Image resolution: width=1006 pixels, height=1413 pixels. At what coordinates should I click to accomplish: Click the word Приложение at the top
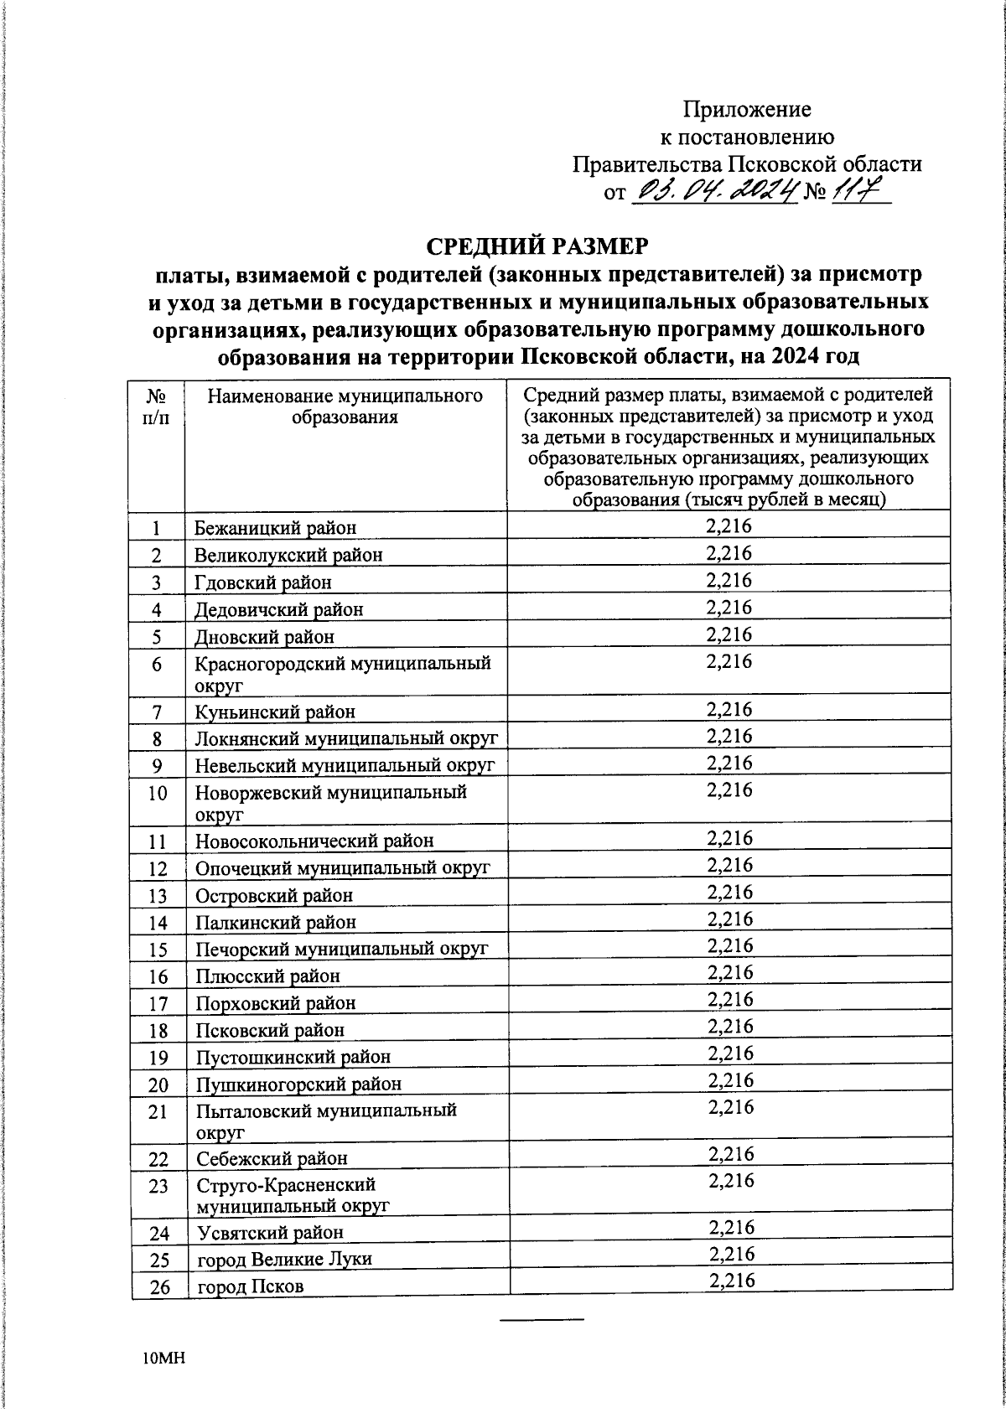[x=747, y=110]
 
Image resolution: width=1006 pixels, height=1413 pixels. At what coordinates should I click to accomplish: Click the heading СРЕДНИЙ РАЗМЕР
[x=538, y=246]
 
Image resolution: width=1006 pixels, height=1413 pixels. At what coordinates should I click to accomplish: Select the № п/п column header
[x=156, y=406]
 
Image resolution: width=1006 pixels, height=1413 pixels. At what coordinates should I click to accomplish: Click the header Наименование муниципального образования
[x=345, y=406]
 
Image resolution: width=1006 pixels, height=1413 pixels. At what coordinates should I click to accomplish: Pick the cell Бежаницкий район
[x=275, y=528]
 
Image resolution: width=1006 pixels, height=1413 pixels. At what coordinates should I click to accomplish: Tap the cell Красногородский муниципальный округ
[x=342, y=673]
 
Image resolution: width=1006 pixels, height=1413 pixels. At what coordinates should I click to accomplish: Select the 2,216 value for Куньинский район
[x=729, y=709]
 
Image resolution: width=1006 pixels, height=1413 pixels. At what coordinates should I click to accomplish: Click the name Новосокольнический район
[x=314, y=841]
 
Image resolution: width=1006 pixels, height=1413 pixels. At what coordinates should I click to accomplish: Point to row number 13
[x=158, y=895]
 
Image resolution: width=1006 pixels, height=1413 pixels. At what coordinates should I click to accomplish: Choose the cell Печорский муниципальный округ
[x=341, y=949]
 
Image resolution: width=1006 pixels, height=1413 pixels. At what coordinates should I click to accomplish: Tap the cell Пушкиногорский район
[x=298, y=1084]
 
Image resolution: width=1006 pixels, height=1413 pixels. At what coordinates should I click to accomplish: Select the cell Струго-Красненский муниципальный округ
[x=293, y=1194]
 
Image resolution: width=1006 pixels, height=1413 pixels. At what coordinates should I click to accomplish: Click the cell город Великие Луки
[x=284, y=1259]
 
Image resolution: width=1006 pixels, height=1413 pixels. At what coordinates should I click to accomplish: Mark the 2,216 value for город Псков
[x=731, y=1280]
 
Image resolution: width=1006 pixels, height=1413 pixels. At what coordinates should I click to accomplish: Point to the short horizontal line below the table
[x=542, y=1320]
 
